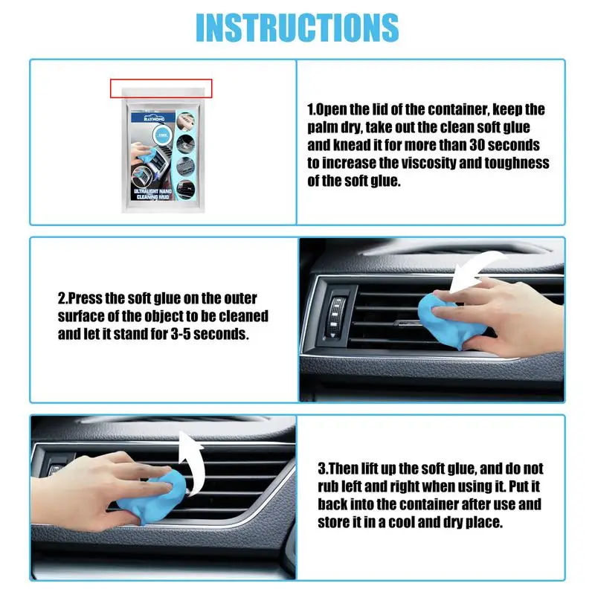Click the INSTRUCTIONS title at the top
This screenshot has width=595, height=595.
coord(297,27)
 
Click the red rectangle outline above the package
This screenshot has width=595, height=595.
coord(161,89)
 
